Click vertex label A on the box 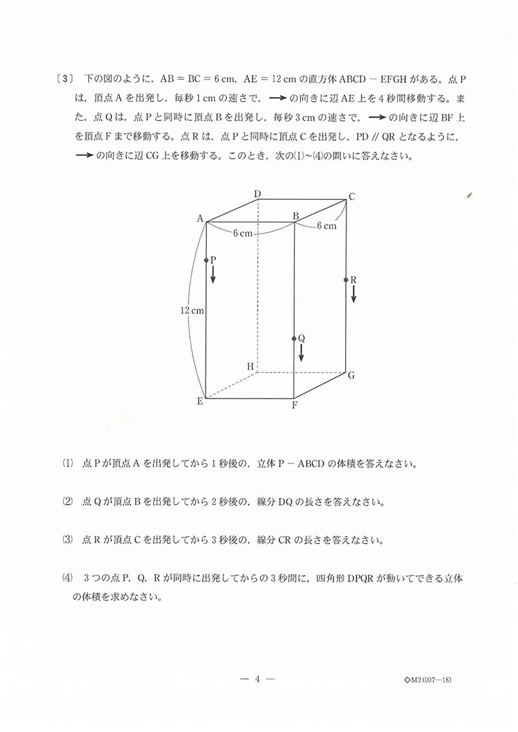[x=201, y=218]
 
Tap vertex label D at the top [x=258, y=195]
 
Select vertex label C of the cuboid [x=352, y=197]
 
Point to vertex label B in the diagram [x=296, y=216]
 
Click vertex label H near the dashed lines [x=250, y=367]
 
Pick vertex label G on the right [x=352, y=375]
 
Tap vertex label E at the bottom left [x=200, y=401]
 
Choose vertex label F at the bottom [x=294, y=407]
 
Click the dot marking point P [x=206, y=260]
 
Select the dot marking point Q [x=294, y=338]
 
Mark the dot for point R [x=346, y=279]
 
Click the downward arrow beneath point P [x=213, y=274]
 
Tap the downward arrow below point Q [x=301, y=352]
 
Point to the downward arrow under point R [x=353, y=294]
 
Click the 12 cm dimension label [x=192, y=310]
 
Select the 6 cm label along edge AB [x=243, y=233]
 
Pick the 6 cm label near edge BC [x=326, y=226]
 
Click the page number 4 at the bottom [x=258, y=678]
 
